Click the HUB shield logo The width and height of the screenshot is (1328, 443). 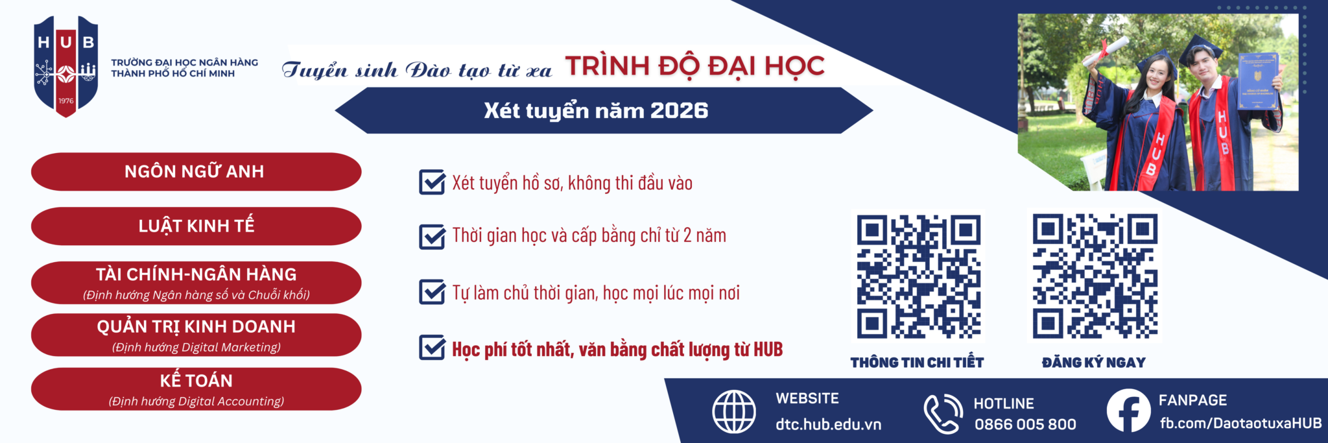click(66, 66)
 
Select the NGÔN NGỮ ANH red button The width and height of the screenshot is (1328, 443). click(196, 172)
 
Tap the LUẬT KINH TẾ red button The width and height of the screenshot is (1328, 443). click(196, 226)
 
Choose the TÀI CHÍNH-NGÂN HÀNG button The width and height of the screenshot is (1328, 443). click(196, 283)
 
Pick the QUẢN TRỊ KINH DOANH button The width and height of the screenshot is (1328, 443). click(196, 335)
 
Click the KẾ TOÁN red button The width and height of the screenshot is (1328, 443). click(196, 389)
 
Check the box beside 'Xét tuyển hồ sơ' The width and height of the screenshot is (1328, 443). click(432, 182)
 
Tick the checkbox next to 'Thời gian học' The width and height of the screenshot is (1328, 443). click(432, 236)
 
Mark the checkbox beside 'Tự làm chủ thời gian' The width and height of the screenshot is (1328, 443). click(432, 292)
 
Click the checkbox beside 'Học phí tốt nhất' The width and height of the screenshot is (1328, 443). click(432, 348)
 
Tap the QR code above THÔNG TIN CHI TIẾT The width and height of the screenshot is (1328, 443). click(918, 277)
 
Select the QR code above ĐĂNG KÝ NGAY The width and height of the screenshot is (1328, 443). click(1095, 276)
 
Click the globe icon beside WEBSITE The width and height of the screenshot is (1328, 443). click(734, 411)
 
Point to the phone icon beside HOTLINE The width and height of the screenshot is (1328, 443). click(943, 413)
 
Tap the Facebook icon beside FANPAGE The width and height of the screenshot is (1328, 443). click(1128, 411)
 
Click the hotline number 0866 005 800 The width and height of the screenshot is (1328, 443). click(1025, 424)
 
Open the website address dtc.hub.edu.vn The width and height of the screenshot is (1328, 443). click(828, 424)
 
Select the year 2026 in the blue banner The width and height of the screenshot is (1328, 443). click(679, 110)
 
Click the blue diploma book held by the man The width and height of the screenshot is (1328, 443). click(1258, 81)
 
